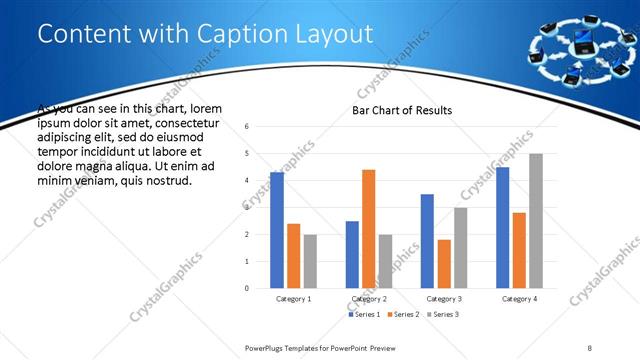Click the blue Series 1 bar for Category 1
[x=277, y=230]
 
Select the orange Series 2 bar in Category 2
[x=368, y=229]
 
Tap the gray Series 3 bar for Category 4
[x=536, y=221]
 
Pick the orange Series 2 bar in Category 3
[x=444, y=264]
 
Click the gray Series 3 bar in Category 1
[x=310, y=262]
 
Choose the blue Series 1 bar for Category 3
[x=427, y=241]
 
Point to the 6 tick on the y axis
[x=260, y=126]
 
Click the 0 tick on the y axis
[x=260, y=289]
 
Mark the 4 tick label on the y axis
[x=260, y=180]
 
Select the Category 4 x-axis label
[x=519, y=299]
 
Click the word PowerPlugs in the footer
[x=267, y=347]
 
